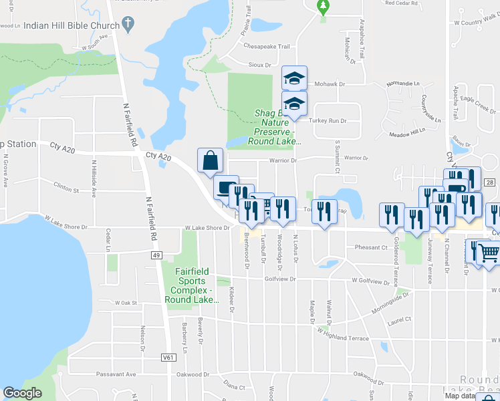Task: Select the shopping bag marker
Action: click(x=210, y=160)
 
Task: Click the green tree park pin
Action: click(x=323, y=7)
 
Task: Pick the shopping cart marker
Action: click(x=489, y=252)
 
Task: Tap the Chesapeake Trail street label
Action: click(x=267, y=47)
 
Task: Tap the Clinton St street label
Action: click(x=66, y=190)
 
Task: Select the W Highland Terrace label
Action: click(x=344, y=334)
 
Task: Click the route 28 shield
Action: click(x=490, y=183)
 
